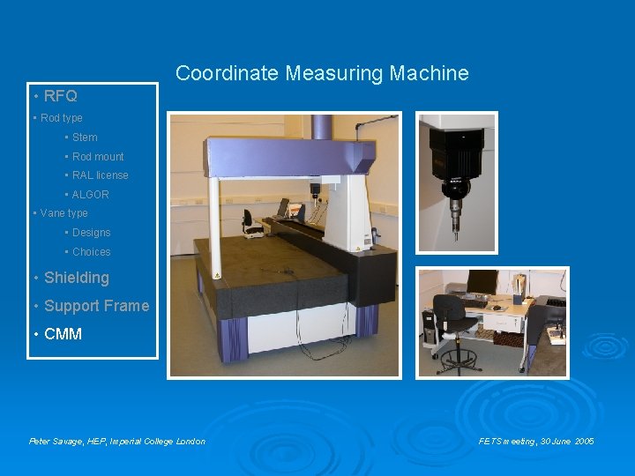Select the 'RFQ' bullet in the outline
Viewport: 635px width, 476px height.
(x=60, y=96)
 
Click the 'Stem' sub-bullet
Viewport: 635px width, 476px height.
(x=85, y=138)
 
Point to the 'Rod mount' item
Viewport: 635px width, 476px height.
(x=98, y=157)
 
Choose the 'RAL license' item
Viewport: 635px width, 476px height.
(x=100, y=175)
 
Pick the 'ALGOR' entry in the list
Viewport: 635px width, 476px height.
(x=90, y=195)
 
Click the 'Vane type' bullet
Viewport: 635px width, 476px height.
(x=63, y=213)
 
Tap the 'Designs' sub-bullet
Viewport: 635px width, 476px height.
(x=91, y=233)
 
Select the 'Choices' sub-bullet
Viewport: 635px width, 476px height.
(x=91, y=252)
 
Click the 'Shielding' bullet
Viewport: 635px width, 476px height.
(x=76, y=278)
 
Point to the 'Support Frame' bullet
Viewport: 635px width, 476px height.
(x=96, y=306)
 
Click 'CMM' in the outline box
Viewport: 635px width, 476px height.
(x=63, y=334)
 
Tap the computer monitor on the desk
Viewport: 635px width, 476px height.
(x=482, y=282)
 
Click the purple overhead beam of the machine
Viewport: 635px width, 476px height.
(x=282, y=155)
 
